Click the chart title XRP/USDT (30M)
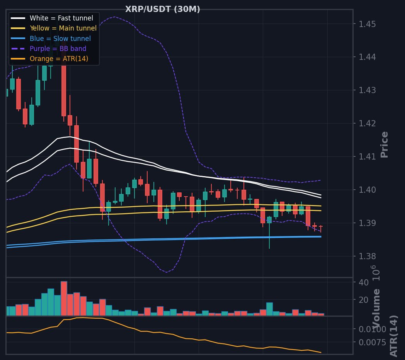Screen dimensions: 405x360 point(162,9)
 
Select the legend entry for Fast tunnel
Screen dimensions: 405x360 point(52,18)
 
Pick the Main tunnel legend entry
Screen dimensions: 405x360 point(54,28)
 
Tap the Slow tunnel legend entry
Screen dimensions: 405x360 point(51,39)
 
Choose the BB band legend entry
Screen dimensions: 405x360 point(49,49)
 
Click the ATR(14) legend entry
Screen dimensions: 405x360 point(49,59)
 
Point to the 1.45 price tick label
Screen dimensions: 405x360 point(367,24)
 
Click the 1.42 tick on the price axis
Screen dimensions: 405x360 point(367,124)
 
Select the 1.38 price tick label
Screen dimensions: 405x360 point(367,256)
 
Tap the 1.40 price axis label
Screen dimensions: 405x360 point(367,190)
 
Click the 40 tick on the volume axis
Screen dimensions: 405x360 point(364,282)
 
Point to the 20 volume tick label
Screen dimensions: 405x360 point(364,300)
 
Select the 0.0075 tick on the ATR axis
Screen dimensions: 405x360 point(373,343)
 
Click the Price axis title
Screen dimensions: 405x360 point(385,144)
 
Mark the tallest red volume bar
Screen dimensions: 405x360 point(64,299)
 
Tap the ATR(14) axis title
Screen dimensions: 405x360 point(393,336)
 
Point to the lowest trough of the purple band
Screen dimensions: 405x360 point(166,272)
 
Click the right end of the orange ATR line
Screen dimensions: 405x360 point(321,353)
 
